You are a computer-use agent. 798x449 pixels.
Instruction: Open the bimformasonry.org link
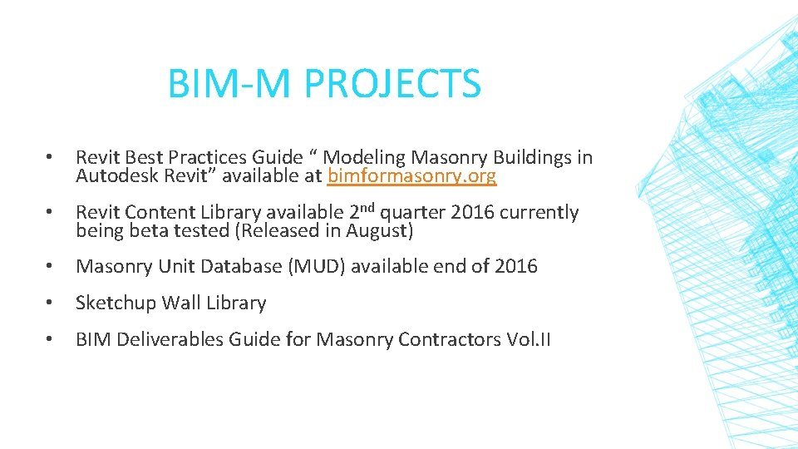pos(412,176)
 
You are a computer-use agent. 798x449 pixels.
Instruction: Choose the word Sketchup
pos(115,303)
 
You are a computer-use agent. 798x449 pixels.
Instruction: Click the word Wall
pos(180,303)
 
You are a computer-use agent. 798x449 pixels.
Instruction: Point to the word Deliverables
pos(171,340)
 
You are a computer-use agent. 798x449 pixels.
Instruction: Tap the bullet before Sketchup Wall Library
pos(50,303)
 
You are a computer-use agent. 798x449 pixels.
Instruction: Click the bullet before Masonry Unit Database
pos(50,267)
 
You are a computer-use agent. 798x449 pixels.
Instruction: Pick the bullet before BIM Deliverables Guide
pos(50,340)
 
